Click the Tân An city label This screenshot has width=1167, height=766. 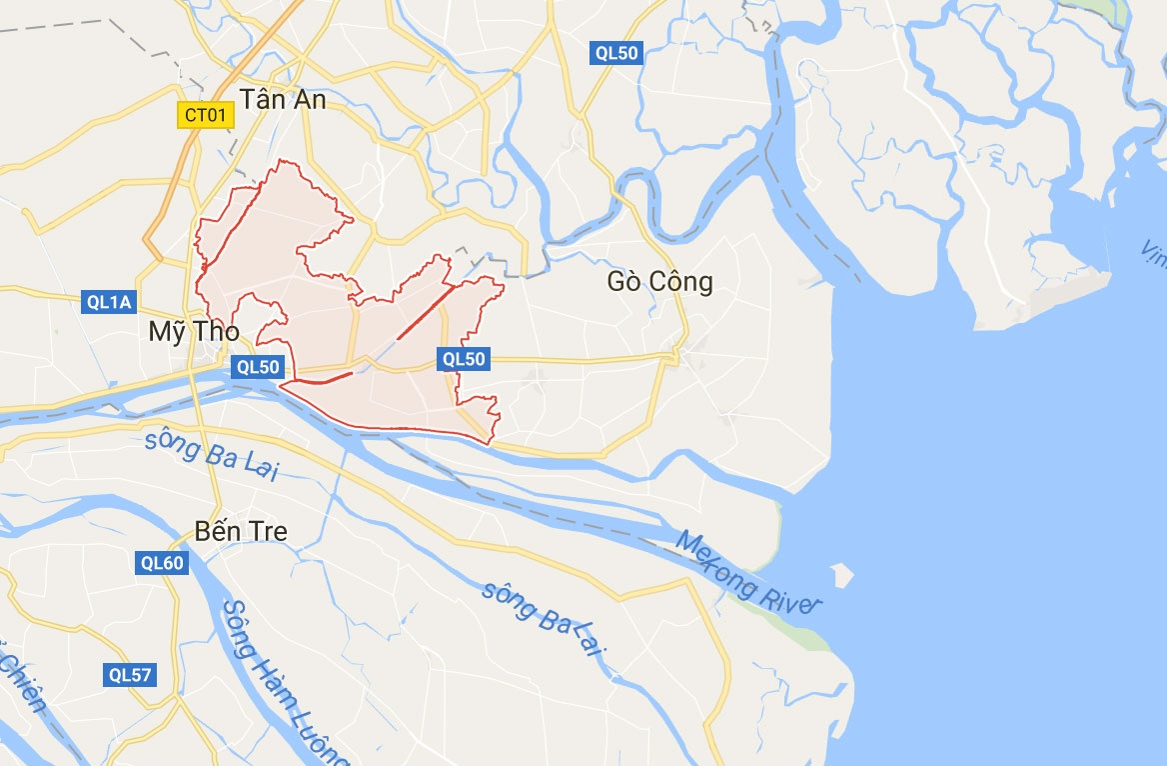283,100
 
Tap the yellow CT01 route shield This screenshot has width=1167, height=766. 206,115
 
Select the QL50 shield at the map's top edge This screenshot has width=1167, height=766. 615,54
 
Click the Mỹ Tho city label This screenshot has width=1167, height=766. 194,331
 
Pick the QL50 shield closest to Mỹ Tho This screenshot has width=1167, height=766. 258,367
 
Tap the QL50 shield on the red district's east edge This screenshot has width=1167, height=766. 464,358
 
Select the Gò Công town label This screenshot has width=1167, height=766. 660,283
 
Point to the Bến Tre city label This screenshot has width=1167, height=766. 242,531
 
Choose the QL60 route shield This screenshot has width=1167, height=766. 162,564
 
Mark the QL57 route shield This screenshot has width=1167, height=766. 130,675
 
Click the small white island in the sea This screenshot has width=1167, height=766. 842,574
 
